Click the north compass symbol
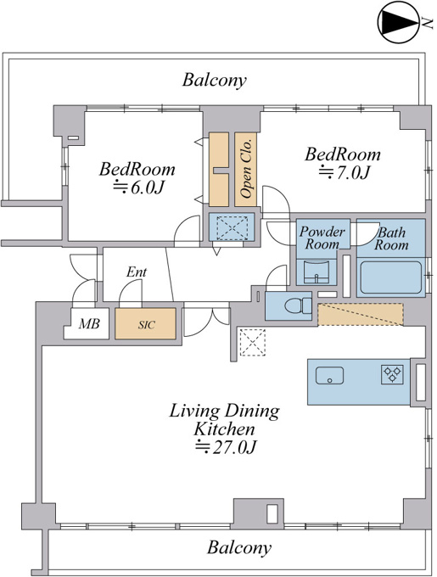pos(398,22)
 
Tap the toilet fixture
pos(298,305)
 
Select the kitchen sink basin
pos(329,375)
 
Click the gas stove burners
pos(392,374)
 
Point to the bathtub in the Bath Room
pos(390,277)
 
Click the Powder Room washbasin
pos(317,272)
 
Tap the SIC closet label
pos(147,325)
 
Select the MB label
pos(89,323)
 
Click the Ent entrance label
pos(137,272)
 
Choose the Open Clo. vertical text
pos(246,169)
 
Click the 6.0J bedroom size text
pos(138,187)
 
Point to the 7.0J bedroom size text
pos(344,172)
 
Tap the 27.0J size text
pos(225,446)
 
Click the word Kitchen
pos(224,429)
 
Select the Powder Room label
pos(322,238)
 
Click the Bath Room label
pos(391,238)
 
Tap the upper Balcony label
pos(214,80)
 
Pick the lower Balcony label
pos(239,547)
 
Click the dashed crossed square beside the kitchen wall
pos(252,343)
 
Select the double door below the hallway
pos(206,319)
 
